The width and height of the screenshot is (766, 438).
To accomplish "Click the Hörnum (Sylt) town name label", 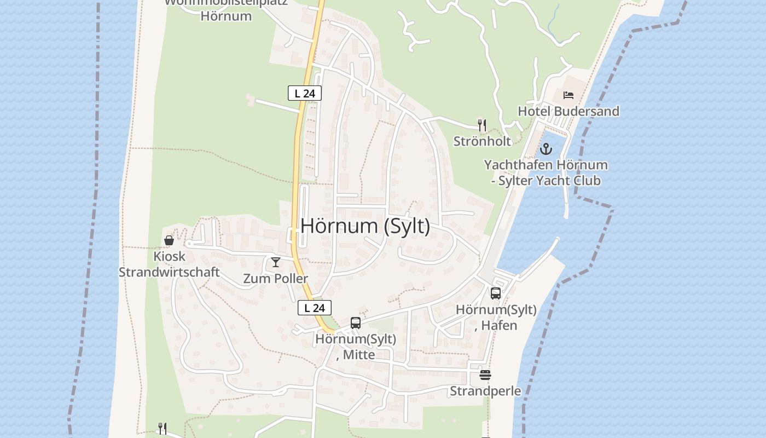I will click(365, 226).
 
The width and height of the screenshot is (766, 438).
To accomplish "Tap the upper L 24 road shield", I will click(305, 93).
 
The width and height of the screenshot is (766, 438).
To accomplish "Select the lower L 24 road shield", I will click(315, 308).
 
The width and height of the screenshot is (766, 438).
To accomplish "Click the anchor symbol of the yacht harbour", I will click(546, 148).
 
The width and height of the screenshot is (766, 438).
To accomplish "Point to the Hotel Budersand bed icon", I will click(568, 95).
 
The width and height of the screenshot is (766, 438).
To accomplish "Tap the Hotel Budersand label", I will click(568, 111).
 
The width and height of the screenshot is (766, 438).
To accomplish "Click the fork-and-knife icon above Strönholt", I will click(482, 125).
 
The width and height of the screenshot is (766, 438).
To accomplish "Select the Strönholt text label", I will click(482, 141).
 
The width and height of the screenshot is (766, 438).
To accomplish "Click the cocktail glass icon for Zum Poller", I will click(276, 262).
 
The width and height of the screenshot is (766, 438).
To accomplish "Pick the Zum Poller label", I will click(276, 278).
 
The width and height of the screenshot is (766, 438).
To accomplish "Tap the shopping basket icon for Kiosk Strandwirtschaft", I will click(169, 240).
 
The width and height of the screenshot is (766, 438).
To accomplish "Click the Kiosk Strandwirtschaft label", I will click(169, 264).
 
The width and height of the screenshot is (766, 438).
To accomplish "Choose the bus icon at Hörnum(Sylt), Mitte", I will click(356, 323).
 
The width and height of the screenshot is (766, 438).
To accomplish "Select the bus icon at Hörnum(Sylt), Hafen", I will click(496, 293).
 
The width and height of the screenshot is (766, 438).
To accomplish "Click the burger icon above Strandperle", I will click(485, 375).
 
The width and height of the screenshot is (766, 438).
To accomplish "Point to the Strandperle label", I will click(485, 391).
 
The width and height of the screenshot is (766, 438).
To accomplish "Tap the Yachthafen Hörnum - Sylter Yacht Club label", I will click(546, 172).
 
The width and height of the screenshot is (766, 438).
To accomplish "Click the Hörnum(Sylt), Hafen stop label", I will click(496, 317).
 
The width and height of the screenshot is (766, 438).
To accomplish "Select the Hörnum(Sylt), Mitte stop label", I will click(356, 347).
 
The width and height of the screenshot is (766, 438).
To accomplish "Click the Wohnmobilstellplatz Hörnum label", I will click(226, 9).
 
